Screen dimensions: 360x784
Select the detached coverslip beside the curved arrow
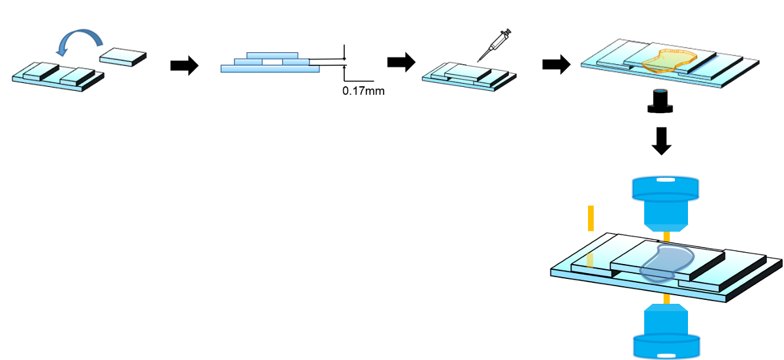(x=123, y=57)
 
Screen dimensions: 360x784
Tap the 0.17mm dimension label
(x=363, y=91)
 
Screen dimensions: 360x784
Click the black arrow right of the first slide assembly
(x=184, y=65)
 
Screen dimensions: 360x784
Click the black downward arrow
(x=662, y=141)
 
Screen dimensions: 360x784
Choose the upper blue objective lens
(x=664, y=202)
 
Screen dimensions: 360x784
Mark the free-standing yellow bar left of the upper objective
(x=591, y=218)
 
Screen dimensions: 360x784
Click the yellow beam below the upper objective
(x=665, y=236)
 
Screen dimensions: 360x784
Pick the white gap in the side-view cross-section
(x=272, y=61)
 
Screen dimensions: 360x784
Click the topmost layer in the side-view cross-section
(x=272, y=55)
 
